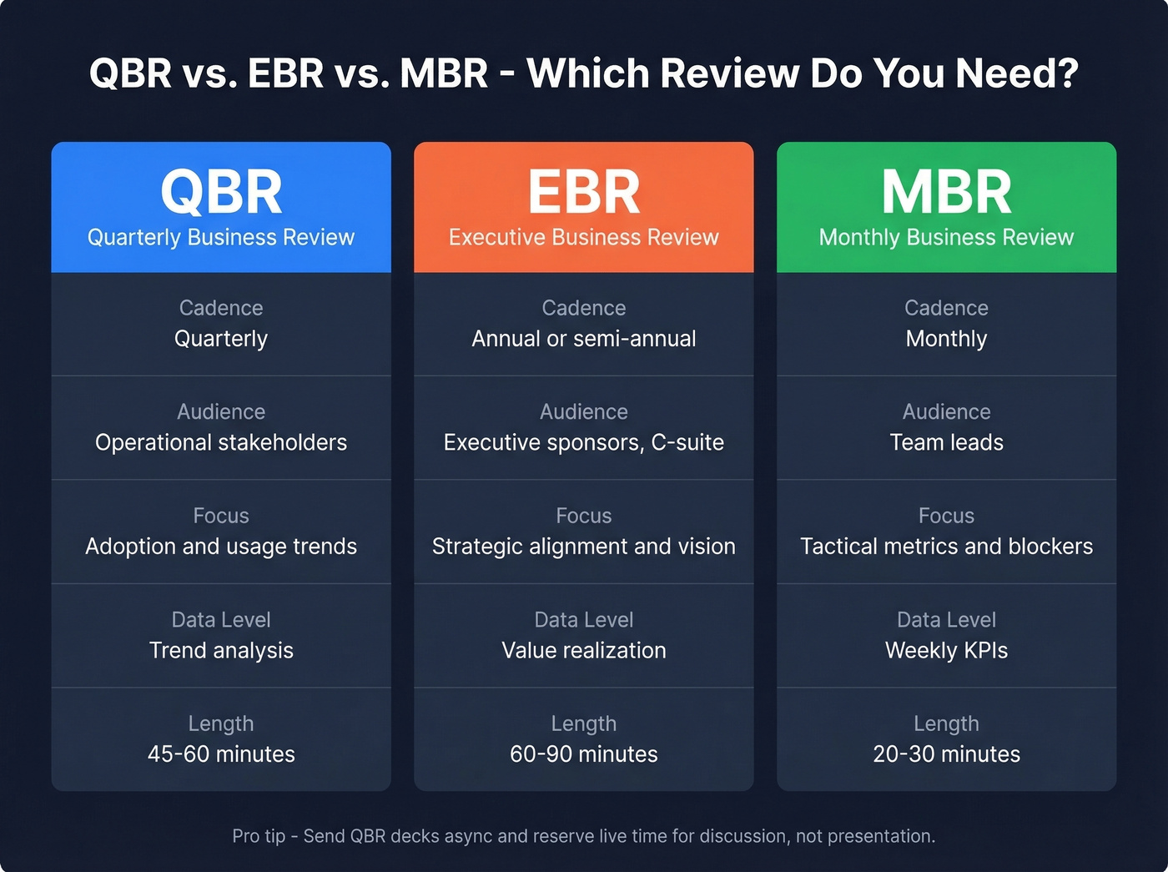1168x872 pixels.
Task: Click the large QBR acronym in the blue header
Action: tap(221, 192)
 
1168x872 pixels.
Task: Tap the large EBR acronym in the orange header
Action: tap(584, 192)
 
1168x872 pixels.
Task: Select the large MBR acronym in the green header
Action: tap(946, 192)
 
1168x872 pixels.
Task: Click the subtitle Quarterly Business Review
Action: tap(221, 238)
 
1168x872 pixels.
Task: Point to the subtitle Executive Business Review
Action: tap(584, 238)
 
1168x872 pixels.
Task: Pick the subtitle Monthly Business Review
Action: tap(946, 238)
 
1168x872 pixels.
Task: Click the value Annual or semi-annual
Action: tap(584, 339)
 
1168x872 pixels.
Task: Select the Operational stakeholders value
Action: tap(221, 442)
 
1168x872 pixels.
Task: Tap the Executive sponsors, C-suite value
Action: tap(584, 442)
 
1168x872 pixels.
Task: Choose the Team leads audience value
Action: tap(946, 442)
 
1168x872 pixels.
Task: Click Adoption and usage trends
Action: tap(221, 547)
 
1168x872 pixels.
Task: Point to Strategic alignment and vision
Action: tap(584, 547)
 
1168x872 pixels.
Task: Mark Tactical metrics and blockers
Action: tap(946, 547)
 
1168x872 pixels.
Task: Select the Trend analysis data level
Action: tap(221, 651)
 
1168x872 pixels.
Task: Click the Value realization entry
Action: tap(584, 651)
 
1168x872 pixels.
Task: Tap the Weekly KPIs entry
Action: tap(946, 651)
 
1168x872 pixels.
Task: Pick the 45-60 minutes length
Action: tap(221, 754)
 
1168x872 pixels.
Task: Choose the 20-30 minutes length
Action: tap(946, 754)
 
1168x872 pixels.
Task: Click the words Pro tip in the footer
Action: tap(259, 836)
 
